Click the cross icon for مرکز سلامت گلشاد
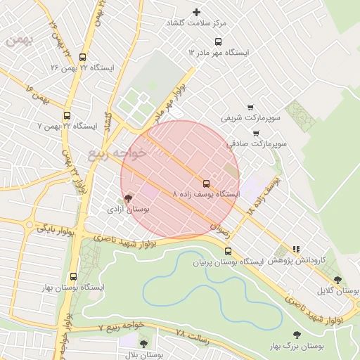196,12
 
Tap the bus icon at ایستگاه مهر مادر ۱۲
218,41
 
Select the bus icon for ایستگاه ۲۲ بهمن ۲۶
83,57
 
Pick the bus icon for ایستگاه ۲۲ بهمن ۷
67,115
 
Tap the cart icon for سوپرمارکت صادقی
255,132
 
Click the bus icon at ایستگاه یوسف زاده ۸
206,183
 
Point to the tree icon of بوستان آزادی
127,199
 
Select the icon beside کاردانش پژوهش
296,249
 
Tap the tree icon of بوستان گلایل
337,280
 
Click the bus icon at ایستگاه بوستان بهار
73,276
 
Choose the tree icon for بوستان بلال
143,345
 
